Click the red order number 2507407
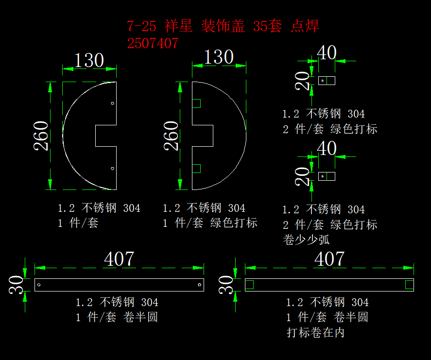(x=153, y=43)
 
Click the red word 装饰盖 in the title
(x=223, y=26)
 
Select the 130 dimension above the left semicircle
(x=89, y=61)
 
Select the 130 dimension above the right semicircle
(x=219, y=57)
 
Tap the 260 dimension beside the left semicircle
(x=41, y=136)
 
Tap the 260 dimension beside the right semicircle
(x=171, y=136)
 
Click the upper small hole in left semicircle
(x=112, y=103)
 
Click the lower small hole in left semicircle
(x=112, y=169)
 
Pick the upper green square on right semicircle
(x=196, y=103)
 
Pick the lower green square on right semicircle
(x=196, y=169)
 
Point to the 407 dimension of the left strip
(x=119, y=259)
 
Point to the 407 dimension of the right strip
(x=329, y=259)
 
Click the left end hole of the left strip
(x=39, y=285)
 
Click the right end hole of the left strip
(x=199, y=285)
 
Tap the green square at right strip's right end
(x=409, y=285)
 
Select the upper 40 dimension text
(x=327, y=52)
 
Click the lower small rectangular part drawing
(x=327, y=176)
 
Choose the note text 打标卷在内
(x=315, y=333)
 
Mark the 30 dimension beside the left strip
(x=16, y=285)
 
